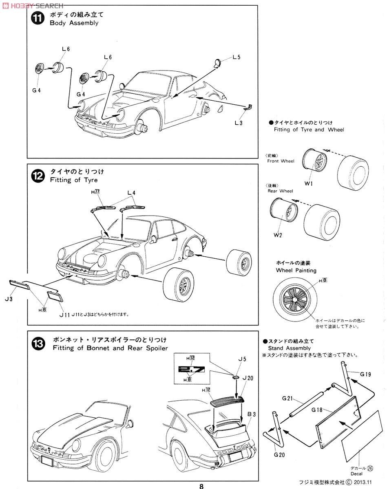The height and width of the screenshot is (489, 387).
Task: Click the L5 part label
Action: (236, 57)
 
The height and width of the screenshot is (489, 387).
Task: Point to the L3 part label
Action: (239, 122)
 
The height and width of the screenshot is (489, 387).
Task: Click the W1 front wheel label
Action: (308, 183)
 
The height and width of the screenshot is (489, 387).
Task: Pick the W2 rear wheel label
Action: (277, 235)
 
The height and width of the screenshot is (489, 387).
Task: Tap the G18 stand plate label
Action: (318, 409)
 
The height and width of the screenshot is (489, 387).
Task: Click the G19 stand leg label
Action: (365, 374)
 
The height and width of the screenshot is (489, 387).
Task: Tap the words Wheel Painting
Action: (296, 270)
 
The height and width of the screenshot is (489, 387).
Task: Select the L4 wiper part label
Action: (131, 192)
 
